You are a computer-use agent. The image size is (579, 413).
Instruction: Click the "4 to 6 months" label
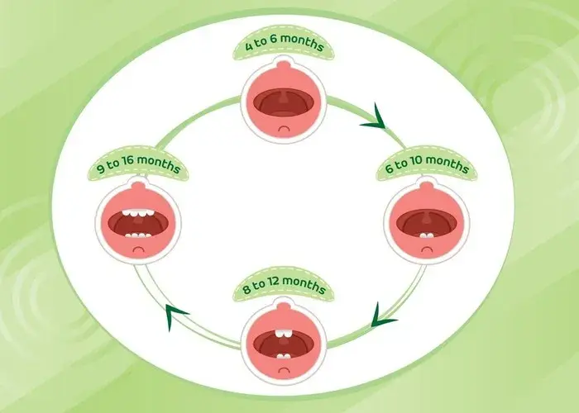[284, 44]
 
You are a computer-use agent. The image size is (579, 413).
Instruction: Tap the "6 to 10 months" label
[427, 164]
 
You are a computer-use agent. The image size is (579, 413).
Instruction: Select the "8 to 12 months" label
[284, 286]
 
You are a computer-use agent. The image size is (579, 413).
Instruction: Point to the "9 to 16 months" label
[138, 164]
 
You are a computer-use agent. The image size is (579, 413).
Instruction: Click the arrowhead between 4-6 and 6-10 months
[376, 118]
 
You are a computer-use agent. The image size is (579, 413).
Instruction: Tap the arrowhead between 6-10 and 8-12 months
[381, 316]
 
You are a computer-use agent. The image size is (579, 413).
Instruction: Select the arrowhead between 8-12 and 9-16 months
[174, 316]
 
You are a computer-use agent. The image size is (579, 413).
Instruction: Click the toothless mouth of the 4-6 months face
[284, 102]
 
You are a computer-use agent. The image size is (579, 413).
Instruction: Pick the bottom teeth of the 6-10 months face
[427, 235]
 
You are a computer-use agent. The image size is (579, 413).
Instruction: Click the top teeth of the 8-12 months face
[284, 334]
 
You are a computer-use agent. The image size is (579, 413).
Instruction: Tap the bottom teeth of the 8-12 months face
[284, 356]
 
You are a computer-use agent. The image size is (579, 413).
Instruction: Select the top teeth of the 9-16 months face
[138, 213]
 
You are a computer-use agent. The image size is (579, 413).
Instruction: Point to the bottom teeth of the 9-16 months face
[138, 235]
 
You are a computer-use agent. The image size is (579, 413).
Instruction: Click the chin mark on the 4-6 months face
[284, 129]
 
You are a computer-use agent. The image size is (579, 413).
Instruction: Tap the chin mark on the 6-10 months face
[427, 249]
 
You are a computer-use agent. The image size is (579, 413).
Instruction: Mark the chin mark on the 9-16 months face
[138, 249]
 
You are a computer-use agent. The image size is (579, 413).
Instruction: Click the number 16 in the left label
[127, 162]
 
